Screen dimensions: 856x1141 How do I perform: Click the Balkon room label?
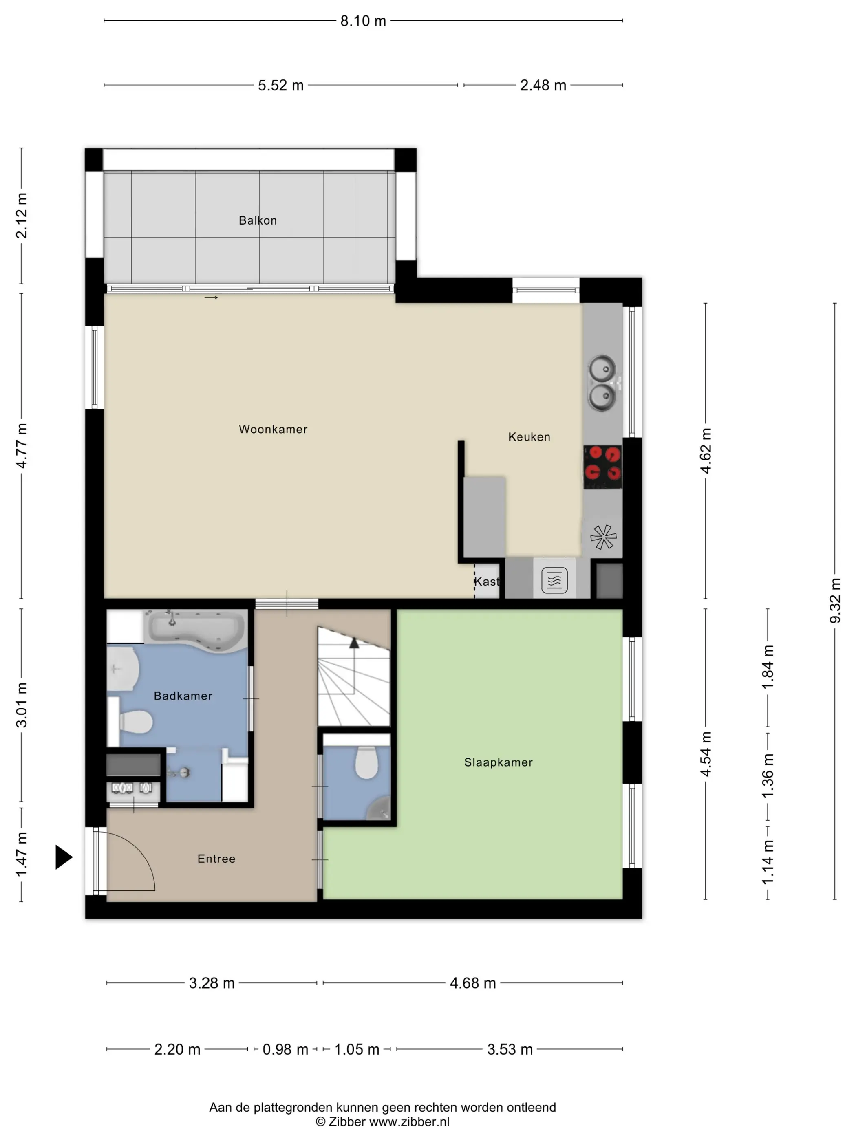[x=258, y=220]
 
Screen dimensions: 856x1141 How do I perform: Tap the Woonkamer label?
[x=273, y=429]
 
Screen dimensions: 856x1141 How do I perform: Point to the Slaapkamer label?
[x=498, y=762]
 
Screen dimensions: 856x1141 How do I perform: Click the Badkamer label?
[x=183, y=696]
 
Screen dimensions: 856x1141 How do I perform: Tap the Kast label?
[x=487, y=582]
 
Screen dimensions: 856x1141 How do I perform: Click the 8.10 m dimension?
[x=363, y=21]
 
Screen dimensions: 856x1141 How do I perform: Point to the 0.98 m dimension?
[x=285, y=1049]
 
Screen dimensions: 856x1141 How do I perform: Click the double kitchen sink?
[x=602, y=383]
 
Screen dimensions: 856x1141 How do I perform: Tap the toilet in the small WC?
[x=367, y=762]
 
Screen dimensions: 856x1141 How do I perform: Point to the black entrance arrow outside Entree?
[x=64, y=857]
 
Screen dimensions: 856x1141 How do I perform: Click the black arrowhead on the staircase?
[x=354, y=643]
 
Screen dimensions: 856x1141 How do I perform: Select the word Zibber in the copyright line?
[x=347, y=1121]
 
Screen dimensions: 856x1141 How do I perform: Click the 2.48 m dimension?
[x=543, y=85]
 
